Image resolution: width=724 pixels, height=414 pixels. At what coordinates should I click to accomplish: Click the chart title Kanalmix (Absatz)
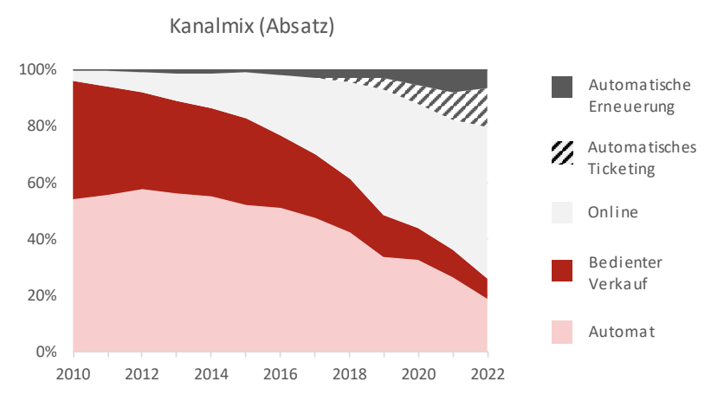(252, 26)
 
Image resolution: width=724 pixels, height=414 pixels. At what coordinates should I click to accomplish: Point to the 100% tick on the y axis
(38, 69)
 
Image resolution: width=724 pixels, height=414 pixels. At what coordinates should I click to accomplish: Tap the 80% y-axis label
(42, 126)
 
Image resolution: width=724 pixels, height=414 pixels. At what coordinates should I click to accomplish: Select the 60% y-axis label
(42, 183)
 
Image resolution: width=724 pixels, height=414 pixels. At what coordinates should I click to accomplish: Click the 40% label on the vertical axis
(42, 239)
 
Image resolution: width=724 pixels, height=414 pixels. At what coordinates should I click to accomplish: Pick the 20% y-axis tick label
(42, 295)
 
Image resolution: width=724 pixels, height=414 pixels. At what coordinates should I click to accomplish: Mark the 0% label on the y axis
(46, 352)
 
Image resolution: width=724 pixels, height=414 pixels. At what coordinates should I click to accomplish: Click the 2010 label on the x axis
(73, 374)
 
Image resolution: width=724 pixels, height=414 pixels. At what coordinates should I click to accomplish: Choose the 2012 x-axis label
(142, 374)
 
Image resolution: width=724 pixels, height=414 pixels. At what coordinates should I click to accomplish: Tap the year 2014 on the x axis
(211, 374)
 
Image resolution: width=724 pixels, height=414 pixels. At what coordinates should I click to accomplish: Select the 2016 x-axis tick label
(281, 374)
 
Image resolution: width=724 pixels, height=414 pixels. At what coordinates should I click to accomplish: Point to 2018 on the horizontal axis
(350, 374)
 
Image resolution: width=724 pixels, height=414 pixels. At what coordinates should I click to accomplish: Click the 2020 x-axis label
(418, 374)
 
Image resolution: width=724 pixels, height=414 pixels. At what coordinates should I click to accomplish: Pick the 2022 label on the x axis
(488, 374)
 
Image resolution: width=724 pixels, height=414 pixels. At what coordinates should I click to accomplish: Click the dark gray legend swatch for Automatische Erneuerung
(562, 87)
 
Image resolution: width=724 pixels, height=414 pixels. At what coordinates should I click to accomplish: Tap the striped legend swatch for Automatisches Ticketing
(562, 152)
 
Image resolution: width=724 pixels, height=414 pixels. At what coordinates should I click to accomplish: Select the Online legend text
(613, 212)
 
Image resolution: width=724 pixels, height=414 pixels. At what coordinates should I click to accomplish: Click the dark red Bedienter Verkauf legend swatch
(562, 270)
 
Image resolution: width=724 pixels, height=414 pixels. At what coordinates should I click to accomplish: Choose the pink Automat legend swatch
(562, 333)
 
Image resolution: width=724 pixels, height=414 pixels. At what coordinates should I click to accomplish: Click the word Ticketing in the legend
(621, 170)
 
